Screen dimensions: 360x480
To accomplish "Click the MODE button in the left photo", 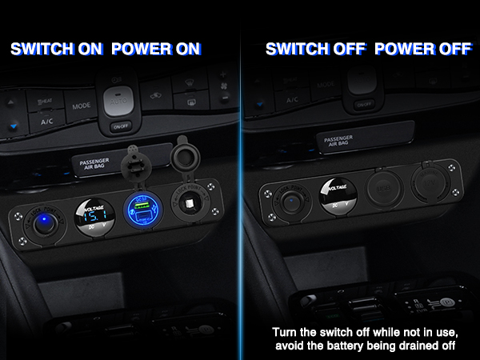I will point(80,106).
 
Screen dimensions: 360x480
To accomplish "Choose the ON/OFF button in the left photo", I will point(120,126).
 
